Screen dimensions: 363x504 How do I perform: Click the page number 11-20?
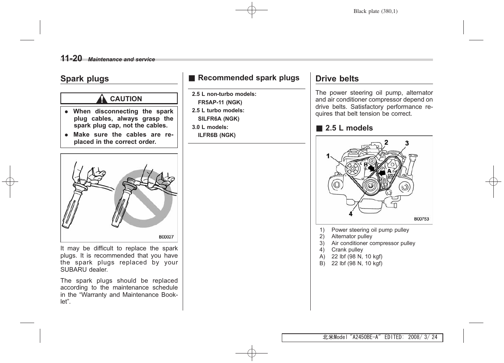coord(71,58)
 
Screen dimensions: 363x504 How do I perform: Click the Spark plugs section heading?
coord(84,79)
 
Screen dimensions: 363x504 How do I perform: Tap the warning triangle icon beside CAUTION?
coord(101,99)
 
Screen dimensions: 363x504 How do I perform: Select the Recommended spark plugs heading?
coord(248,78)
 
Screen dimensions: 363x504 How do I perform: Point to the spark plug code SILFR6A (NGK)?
coord(218,119)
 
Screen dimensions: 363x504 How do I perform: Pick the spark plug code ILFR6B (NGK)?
coord(216,135)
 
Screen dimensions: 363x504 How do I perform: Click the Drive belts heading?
coord(337,79)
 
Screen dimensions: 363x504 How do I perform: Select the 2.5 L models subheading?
coord(349,128)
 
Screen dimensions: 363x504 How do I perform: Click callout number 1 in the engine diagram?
coord(328,156)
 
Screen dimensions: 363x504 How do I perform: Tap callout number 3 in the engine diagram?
coord(407,143)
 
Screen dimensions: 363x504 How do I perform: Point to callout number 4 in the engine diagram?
coord(351,214)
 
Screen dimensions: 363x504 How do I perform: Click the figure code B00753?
coord(421,219)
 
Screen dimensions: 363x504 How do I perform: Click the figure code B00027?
coord(166,237)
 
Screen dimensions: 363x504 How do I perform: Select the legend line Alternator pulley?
coord(352,236)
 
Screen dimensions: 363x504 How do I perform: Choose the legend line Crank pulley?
coord(347,250)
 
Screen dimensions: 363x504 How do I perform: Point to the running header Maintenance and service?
coord(122,59)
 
